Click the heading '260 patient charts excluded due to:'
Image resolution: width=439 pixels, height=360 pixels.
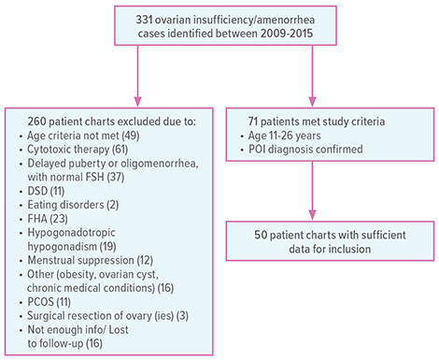pyautogui.click(x=93, y=121)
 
